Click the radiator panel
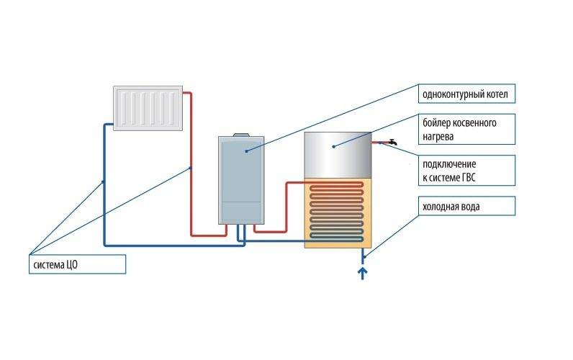click(147, 107)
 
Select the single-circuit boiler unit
click(240, 180)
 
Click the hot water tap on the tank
click(389, 143)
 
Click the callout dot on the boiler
click(245, 151)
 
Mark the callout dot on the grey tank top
click(333, 145)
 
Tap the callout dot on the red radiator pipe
click(190, 168)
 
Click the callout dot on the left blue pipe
click(103, 181)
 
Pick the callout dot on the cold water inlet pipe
click(364, 256)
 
